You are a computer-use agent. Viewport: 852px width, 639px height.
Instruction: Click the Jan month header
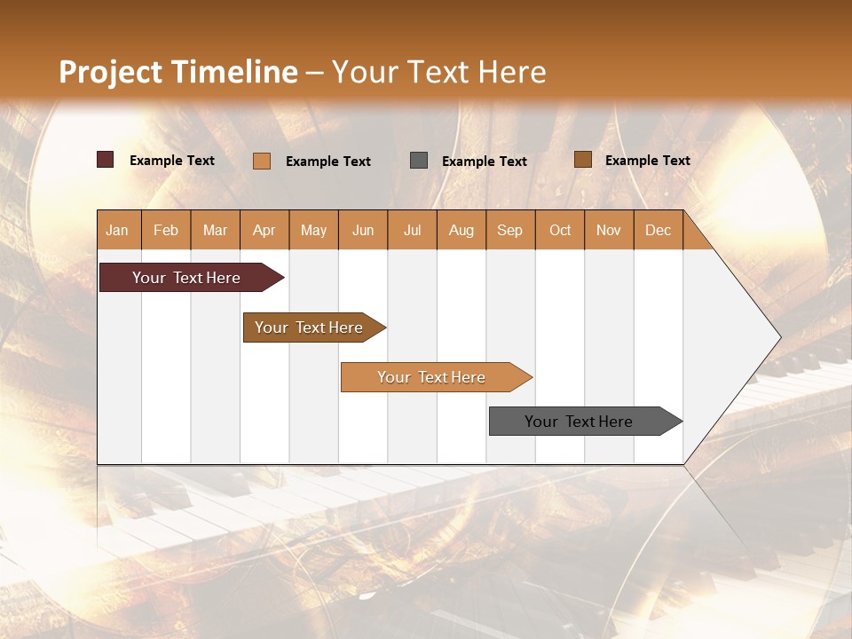tap(117, 230)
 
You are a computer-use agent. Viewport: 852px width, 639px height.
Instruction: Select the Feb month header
tap(166, 230)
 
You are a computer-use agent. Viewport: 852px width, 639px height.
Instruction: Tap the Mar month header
tap(215, 230)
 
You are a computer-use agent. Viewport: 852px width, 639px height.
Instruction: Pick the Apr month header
tap(264, 230)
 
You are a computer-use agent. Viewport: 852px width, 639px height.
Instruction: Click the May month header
tap(313, 230)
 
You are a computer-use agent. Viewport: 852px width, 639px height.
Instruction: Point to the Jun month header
tap(363, 230)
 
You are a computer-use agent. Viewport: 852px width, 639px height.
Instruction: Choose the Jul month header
tap(412, 230)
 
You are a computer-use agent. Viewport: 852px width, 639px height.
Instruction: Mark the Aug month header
tap(461, 230)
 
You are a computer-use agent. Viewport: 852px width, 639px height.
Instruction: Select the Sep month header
tap(509, 230)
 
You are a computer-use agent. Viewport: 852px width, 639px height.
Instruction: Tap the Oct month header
tap(560, 230)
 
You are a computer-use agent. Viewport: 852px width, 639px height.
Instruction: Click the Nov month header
tap(608, 230)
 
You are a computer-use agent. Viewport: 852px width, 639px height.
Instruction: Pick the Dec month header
tap(658, 230)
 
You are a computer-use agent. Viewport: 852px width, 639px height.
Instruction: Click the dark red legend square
tap(106, 160)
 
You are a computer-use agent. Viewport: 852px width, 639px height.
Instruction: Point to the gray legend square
tap(419, 160)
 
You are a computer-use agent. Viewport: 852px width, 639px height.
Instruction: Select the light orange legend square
tap(262, 161)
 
